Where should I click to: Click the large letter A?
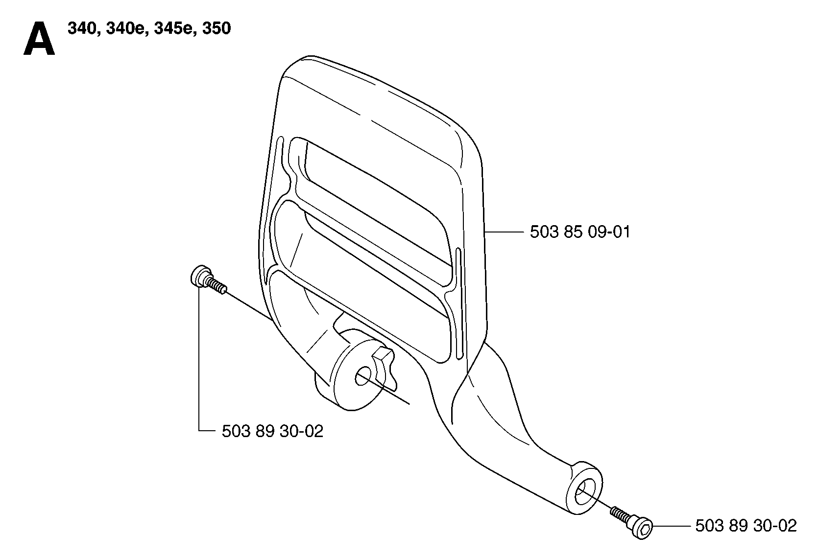(39, 38)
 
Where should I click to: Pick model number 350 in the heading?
(217, 28)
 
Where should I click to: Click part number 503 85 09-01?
(580, 232)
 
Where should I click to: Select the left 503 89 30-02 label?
(273, 431)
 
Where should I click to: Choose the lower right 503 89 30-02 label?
(746, 526)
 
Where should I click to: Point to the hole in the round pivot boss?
(362, 376)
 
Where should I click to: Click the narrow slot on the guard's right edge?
(459, 303)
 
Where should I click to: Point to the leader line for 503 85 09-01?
(504, 232)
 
